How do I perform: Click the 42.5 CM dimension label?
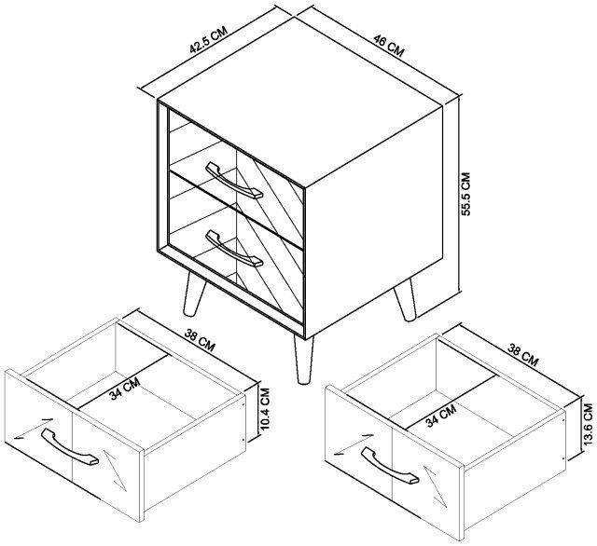(209, 39)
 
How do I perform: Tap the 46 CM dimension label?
(388, 46)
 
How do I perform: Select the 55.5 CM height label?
(466, 194)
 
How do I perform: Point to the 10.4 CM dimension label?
(265, 409)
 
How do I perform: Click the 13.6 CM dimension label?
(588, 424)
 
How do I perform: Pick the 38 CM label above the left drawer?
(200, 340)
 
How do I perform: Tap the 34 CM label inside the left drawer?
(125, 389)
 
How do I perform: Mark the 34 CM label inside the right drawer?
(441, 416)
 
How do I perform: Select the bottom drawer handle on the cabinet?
(234, 248)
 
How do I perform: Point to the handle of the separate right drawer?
(390, 466)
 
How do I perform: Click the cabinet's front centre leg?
(303, 360)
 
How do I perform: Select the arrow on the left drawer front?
(33, 428)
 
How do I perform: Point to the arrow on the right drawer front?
(353, 444)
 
